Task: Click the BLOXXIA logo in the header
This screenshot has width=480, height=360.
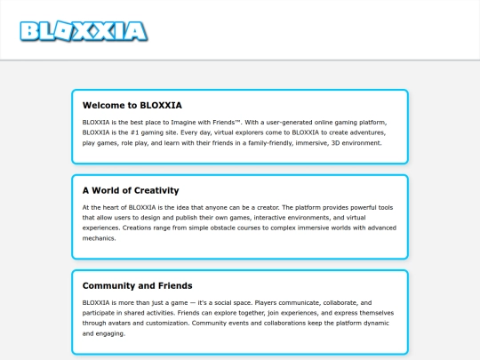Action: tap(84, 31)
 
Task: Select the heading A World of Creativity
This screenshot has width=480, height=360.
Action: tap(131, 190)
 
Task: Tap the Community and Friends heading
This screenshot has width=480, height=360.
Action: tap(137, 286)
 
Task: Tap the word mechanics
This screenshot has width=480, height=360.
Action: tap(100, 238)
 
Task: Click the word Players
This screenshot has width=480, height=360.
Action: tap(284, 302)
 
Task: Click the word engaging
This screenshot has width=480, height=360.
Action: tap(111, 334)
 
